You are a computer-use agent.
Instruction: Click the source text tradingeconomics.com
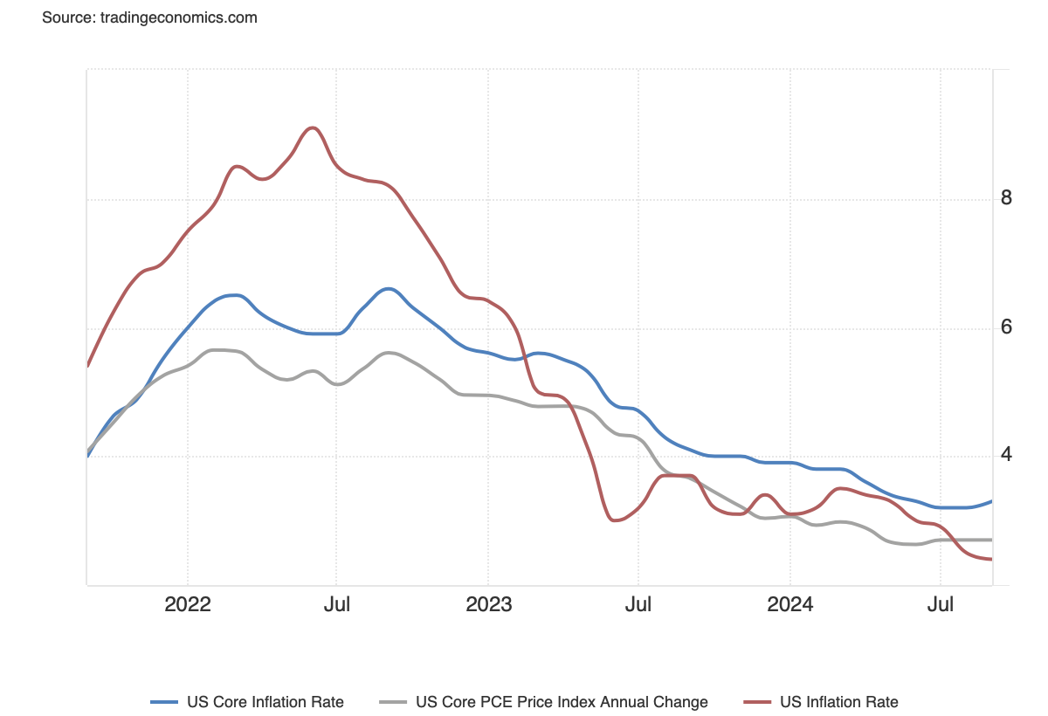[x=149, y=17]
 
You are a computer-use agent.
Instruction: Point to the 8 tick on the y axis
[x=1006, y=198]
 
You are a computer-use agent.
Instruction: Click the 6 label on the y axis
[x=1006, y=327]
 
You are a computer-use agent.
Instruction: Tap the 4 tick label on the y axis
[x=1006, y=455]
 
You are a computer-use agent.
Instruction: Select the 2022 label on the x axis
[x=188, y=604]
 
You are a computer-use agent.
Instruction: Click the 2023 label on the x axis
[x=488, y=604]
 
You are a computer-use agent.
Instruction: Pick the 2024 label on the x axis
[x=789, y=604]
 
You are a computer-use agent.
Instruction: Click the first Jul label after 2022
[x=337, y=604]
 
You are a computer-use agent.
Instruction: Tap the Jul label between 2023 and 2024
[x=638, y=604]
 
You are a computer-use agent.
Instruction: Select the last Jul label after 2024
[x=940, y=604]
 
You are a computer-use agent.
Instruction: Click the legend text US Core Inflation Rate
[x=265, y=702]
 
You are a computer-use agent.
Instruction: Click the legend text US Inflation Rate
[x=839, y=702]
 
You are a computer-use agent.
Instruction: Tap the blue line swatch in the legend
[x=164, y=702]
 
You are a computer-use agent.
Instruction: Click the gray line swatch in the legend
[x=394, y=702]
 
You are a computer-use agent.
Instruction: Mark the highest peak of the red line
[x=313, y=127]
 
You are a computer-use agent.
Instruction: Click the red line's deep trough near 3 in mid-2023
[x=615, y=520]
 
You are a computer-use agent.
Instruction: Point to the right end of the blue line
[x=991, y=501]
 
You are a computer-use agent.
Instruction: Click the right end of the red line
[x=991, y=560]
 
